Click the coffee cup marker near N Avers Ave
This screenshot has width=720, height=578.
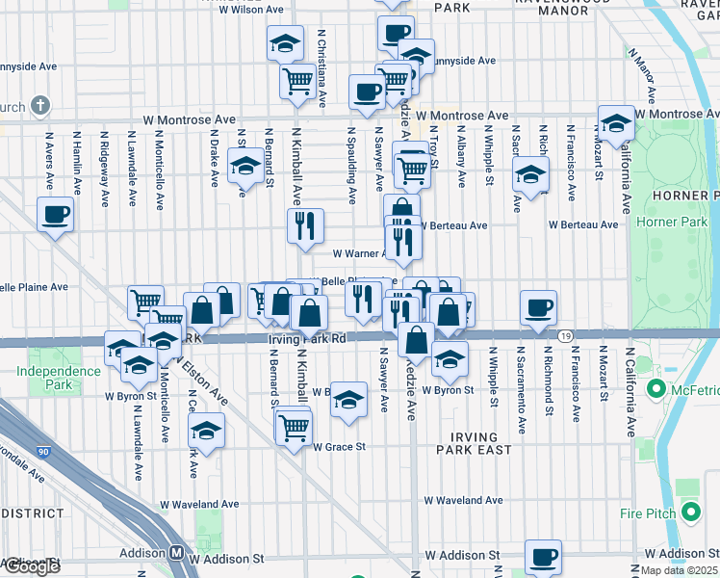[x=56, y=214]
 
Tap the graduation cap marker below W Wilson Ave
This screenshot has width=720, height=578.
[x=285, y=43]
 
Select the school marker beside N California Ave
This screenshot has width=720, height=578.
[x=616, y=122]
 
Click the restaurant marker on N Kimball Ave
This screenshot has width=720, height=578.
[x=305, y=226]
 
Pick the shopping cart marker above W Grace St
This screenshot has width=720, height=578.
[x=295, y=425]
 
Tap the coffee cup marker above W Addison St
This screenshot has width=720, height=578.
[x=543, y=556]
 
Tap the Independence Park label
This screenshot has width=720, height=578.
[x=46, y=377]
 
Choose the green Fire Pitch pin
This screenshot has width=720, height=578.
[x=689, y=512]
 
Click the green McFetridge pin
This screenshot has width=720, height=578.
[x=657, y=389]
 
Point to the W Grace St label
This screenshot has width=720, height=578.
[x=338, y=447]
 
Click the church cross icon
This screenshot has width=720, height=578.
[x=40, y=104]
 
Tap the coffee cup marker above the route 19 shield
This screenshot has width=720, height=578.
[x=539, y=307]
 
